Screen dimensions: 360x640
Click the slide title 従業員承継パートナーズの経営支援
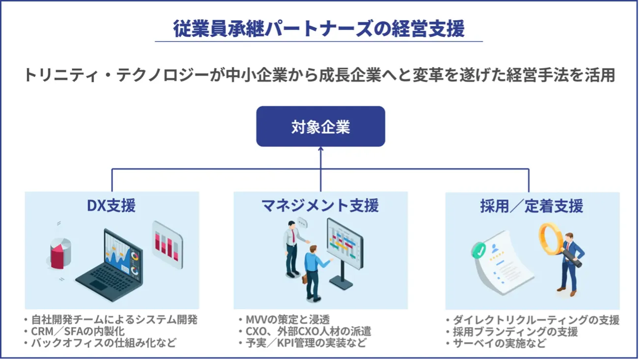(x=319, y=29)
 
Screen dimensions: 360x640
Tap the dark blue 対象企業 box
(x=320, y=127)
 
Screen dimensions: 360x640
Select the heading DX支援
(x=111, y=205)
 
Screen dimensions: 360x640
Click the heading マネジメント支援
(x=320, y=205)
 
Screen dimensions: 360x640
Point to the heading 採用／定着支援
(x=532, y=205)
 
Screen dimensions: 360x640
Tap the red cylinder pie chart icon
(x=61, y=253)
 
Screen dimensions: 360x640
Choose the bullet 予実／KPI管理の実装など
(x=304, y=343)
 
